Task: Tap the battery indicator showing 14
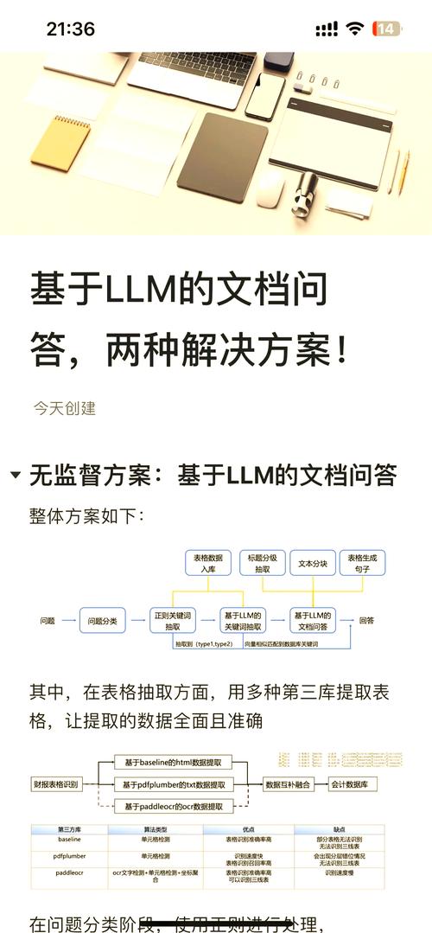pos(387,29)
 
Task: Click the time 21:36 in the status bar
pos(71,29)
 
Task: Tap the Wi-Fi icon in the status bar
pos(354,29)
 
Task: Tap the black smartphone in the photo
pos(264,95)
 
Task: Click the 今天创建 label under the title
pos(64,407)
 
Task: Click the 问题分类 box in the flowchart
pos(104,620)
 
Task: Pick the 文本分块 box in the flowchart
pos(312,563)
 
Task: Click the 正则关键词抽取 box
pos(173,620)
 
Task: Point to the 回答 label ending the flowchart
pos(366,620)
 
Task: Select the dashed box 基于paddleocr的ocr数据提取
pos(174,807)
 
